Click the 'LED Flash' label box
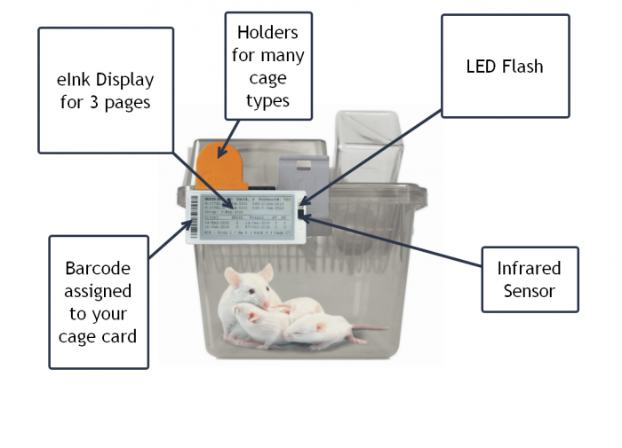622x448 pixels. click(x=505, y=66)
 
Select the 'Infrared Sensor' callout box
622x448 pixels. click(x=530, y=279)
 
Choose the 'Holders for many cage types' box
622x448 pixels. click(x=267, y=67)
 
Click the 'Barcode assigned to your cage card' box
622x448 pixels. click(x=98, y=302)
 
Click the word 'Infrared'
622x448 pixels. click(x=530, y=268)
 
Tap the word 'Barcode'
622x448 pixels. click(x=98, y=267)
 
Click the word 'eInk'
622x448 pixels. click(x=76, y=79)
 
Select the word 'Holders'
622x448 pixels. click(x=267, y=33)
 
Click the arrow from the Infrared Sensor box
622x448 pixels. click(x=391, y=240)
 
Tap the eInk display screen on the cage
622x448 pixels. click(x=249, y=215)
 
